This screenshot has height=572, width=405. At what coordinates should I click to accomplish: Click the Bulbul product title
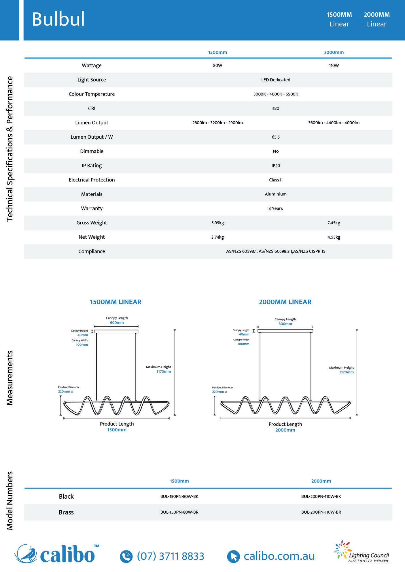[58, 20]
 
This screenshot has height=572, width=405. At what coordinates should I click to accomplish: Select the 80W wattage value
[217, 66]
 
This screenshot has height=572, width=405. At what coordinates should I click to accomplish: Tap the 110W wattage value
[334, 66]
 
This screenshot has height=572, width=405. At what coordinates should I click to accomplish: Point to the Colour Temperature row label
[92, 94]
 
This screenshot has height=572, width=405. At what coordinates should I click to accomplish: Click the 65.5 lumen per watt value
[276, 137]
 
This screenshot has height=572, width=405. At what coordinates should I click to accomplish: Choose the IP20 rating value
[276, 166]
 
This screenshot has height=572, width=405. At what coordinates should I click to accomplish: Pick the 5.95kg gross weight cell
[217, 223]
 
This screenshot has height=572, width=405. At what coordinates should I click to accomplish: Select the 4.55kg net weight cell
[334, 237]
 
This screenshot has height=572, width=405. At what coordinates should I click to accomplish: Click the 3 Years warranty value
[276, 208]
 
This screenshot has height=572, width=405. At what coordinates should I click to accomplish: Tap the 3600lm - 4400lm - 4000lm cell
[334, 123]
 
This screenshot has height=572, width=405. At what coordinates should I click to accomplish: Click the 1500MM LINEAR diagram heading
[116, 302]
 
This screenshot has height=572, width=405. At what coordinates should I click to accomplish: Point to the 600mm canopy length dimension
[117, 323]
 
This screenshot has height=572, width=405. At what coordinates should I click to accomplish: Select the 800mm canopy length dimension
[285, 324]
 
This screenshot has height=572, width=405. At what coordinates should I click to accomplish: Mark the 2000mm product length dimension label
[285, 430]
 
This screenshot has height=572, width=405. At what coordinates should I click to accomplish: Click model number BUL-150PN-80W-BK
[179, 496]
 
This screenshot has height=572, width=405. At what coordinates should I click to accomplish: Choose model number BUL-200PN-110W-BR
[321, 512]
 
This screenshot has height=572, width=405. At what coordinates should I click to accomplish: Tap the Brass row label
[66, 512]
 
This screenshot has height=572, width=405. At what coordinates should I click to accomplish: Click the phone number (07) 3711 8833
[171, 556]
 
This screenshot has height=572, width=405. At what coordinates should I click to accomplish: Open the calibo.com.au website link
[279, 556]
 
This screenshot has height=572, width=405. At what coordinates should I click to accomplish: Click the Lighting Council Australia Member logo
[362, 552]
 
